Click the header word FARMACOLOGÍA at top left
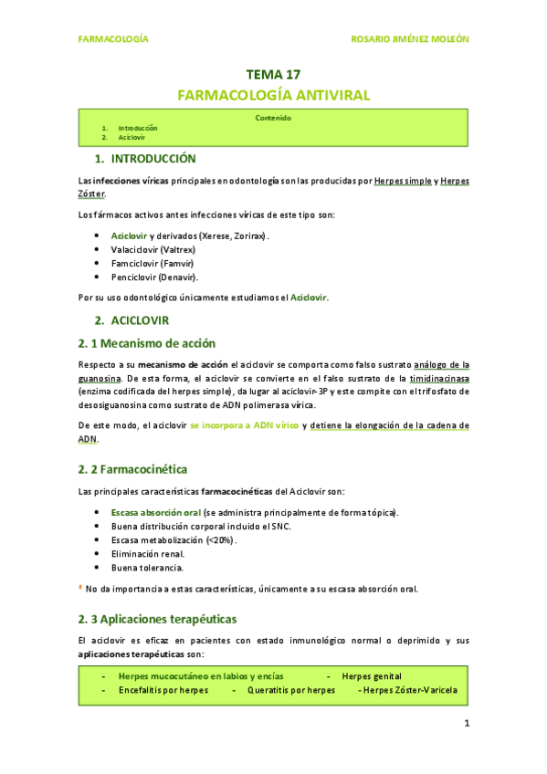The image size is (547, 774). [113, 40]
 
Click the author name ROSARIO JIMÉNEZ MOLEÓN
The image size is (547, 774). [410, 40]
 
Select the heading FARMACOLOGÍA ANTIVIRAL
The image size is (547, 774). [273, 95]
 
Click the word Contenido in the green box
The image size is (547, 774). [273, 118]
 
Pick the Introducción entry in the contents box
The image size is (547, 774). [137, 128]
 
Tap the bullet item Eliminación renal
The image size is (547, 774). [147, 553]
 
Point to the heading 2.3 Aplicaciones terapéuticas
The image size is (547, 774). [157, 618]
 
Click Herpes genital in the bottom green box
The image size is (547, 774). [371, 676]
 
